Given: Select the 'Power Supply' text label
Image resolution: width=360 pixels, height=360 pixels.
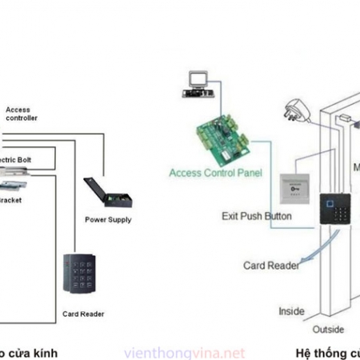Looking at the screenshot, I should pyautogui.click(x=108, y=220).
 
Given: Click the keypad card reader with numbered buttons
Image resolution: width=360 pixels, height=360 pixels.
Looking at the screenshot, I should pyautogui.click(x=80, y=275).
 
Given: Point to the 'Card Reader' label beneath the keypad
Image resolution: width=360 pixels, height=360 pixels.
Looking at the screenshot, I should pyautogui.click(x=82, y=314).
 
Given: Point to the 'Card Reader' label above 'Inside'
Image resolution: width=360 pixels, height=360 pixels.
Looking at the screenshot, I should pyautogui.click(x=271, y=265).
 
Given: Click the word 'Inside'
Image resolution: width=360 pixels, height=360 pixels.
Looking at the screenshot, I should pyautogui.click(x=290, y=310).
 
